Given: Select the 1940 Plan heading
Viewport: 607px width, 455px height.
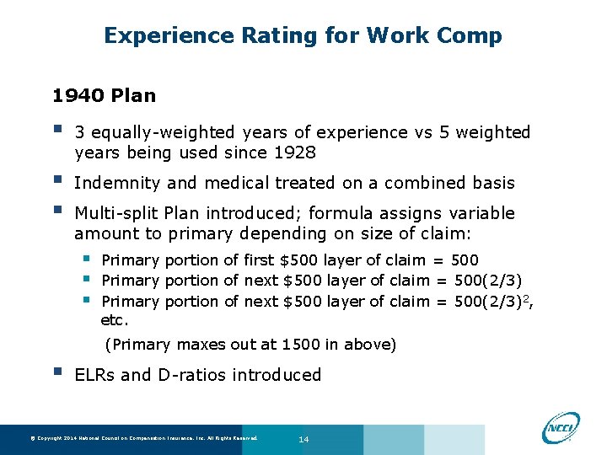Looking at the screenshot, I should point(104,95).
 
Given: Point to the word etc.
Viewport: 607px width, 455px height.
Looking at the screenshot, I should point(114,321).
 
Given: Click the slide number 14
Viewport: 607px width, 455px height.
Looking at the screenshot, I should point(304,439).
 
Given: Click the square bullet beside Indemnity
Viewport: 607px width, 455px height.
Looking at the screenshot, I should point(57,181).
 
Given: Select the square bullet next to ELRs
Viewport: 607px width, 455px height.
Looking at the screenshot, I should point(57,373).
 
